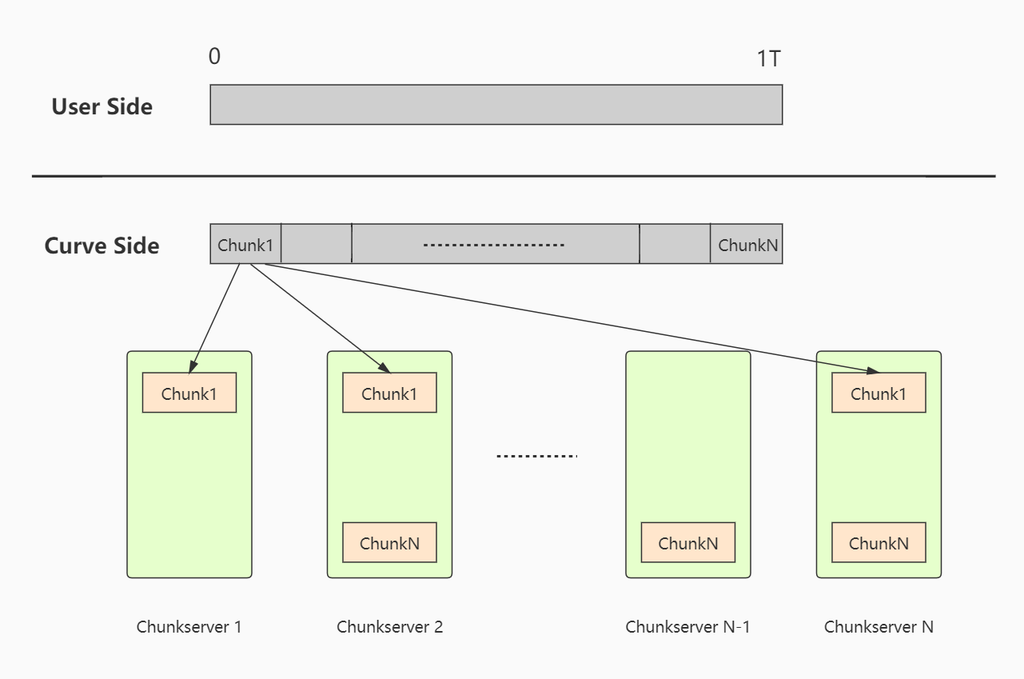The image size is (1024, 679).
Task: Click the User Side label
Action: [x=102, y=106]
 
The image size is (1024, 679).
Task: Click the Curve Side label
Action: [x=102, y=246]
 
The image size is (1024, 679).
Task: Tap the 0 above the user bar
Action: [x=214, y=57]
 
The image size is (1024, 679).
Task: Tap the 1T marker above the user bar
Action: [x=768, y=58]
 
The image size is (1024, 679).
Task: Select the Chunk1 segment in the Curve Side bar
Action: [x=245, y=245]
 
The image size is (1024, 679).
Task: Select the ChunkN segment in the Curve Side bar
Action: [x=747, y=245]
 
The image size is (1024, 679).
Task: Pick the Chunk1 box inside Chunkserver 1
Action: [x=189, y=393]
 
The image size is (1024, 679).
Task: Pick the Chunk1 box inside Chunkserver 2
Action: [x=389, y=393]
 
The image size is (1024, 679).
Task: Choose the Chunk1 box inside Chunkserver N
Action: [x=879, y=393]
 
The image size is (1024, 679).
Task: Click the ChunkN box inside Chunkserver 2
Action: [x=389, y=543]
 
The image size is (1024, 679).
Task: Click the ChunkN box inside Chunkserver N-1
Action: [x=687, y=543]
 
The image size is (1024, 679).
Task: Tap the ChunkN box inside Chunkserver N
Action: [x=879, y=543]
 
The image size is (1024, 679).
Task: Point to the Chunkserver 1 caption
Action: [x=189, y=626]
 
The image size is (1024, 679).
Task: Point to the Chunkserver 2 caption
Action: [x=389, y=626]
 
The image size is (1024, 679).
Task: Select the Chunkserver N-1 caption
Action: [x=687, y=626]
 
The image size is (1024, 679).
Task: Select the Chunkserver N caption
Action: [x=879, y=626]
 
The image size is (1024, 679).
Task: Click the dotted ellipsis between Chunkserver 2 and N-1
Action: [x=536, y=456]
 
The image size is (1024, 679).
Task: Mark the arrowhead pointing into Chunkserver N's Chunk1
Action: [x=873, y=370]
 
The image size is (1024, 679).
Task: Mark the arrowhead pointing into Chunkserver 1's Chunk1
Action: [x=193, y=366]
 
